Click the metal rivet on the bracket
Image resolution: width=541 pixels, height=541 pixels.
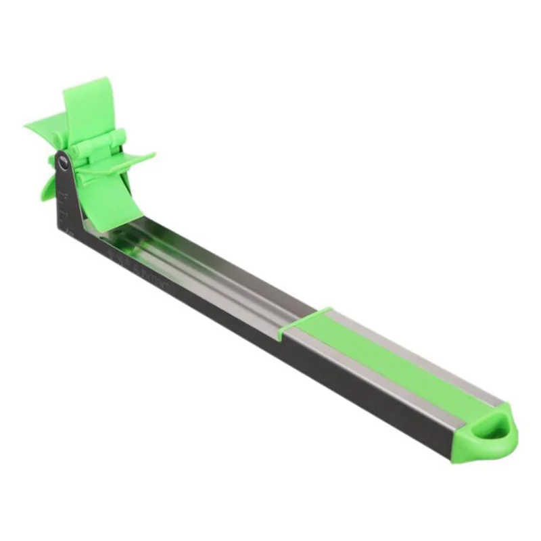[63, 163]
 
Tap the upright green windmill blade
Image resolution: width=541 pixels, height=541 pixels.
[88, 108]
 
